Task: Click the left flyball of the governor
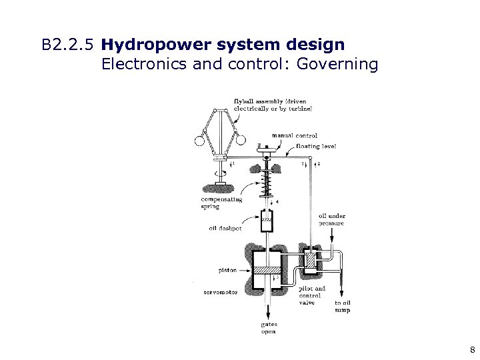point(199,140)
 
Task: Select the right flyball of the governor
point(241,140)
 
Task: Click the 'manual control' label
point(295,135)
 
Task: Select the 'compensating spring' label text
point(221,203)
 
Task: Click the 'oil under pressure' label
point(331,219)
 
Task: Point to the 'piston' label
point(227,271)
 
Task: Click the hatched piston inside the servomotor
point(270,271)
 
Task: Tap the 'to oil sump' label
point(342,306)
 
